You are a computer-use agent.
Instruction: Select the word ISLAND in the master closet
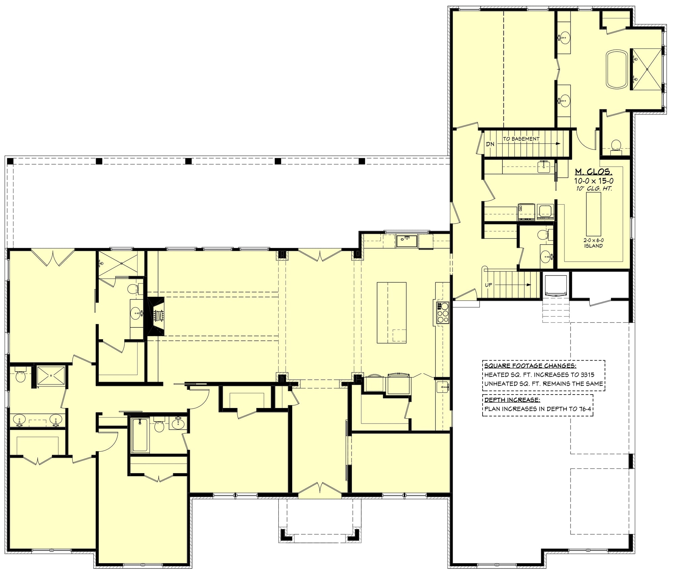pos(593,246)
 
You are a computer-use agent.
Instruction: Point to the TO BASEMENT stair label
pos(521,139)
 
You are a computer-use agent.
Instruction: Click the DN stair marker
pos(490,144)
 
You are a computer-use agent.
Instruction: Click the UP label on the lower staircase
pos(488,285)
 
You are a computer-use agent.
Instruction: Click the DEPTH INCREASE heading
pos(512,400)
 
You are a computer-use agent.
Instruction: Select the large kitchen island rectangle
pos(391,313)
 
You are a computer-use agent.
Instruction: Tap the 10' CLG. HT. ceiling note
pos(593,189)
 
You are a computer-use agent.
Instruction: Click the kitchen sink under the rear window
pos(407,241)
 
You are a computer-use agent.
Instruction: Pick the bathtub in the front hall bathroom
pos(140,435)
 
